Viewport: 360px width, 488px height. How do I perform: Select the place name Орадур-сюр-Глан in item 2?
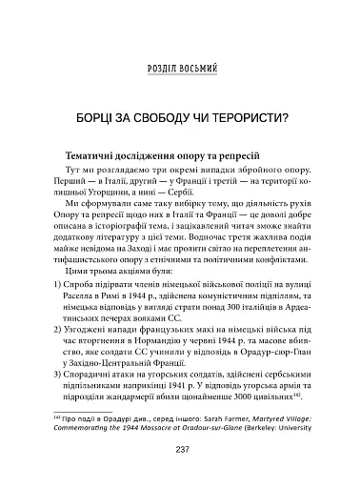(262, 352)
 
